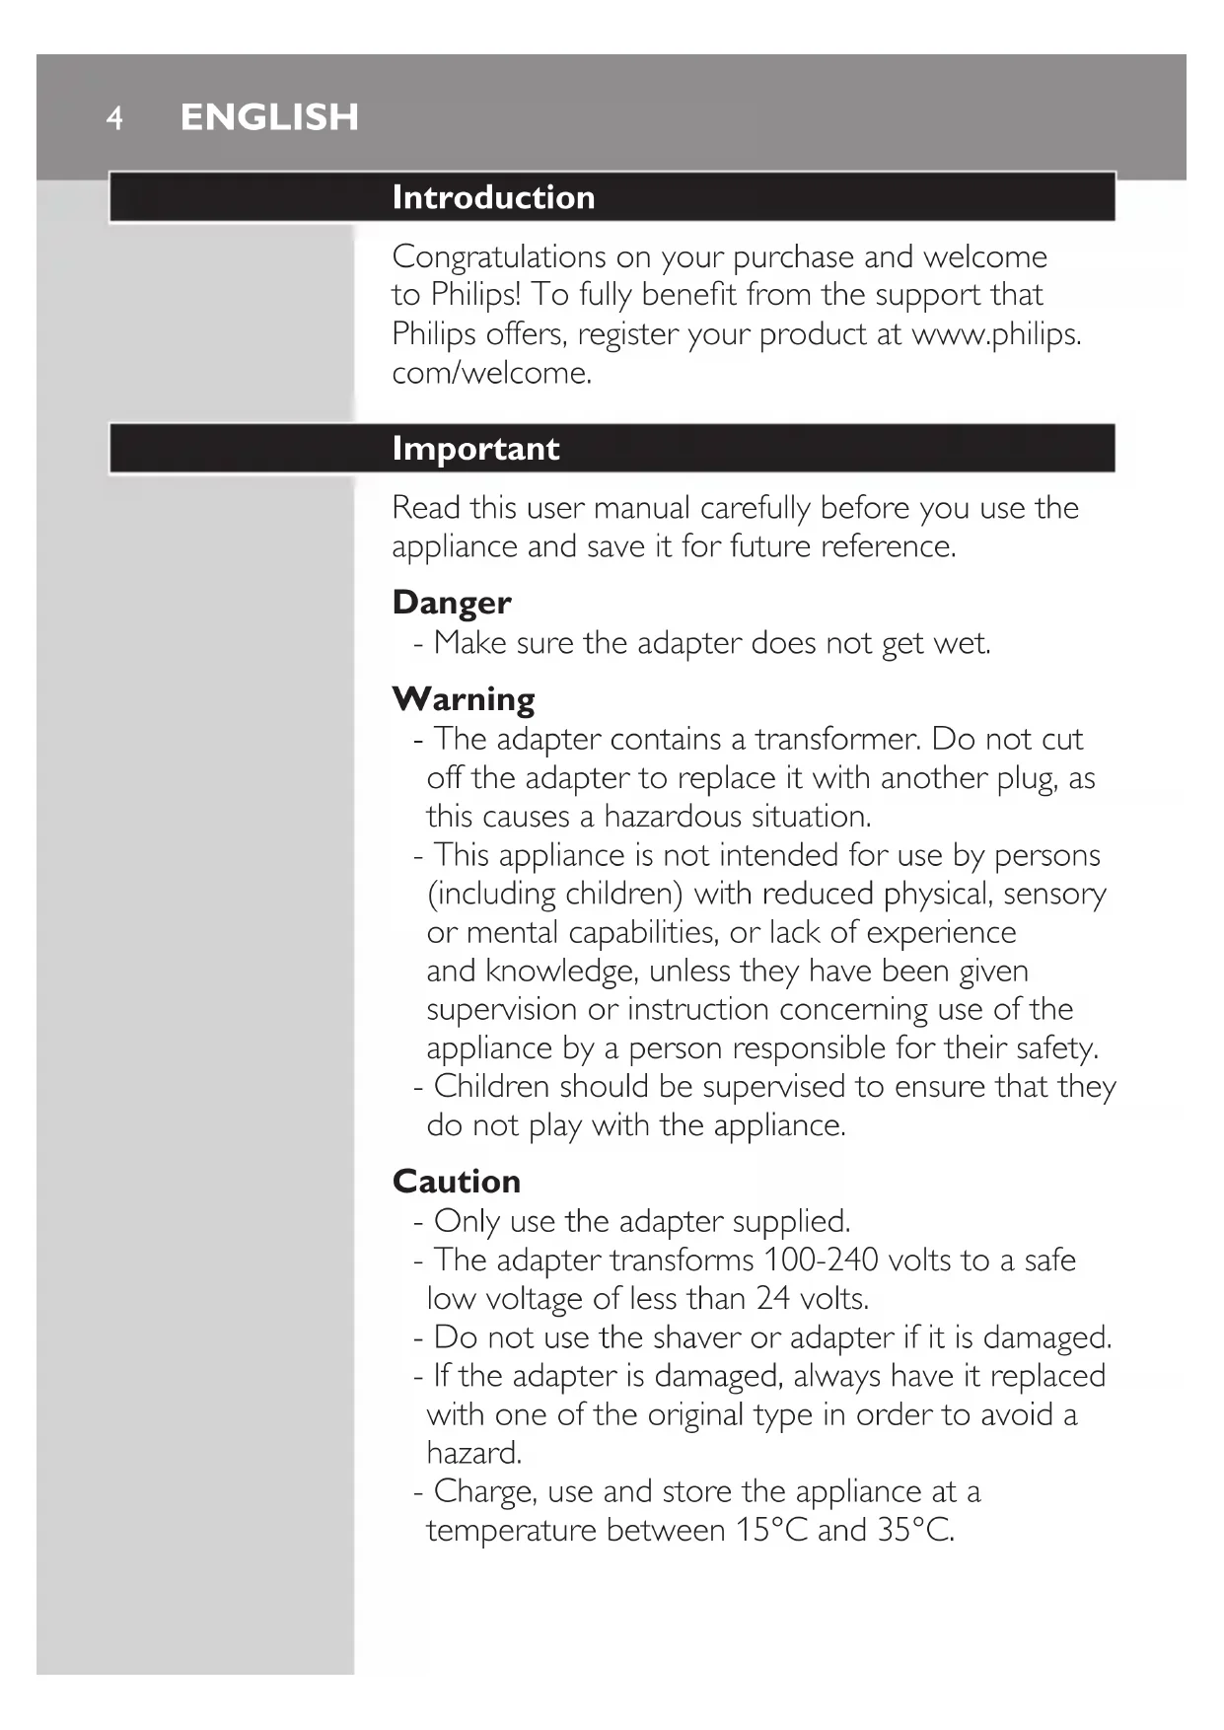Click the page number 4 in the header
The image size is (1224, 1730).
[x=115, y=118]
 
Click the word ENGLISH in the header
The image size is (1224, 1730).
[x=269, y=117]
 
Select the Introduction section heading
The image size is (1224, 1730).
[x=493, y=197]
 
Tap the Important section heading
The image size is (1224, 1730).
[x=475, y=449]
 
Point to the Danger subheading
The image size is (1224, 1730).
[x=452, y=603]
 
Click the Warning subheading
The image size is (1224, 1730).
[x=464, y=699]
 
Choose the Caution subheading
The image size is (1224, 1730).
[x=457, y=1182]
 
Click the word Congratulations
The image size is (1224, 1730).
[x=499, y=257]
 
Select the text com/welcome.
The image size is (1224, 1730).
[x=492, y=373]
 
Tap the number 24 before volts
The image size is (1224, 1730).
[x=773, y=1299]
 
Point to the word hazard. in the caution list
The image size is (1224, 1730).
[x=474, y=1454]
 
